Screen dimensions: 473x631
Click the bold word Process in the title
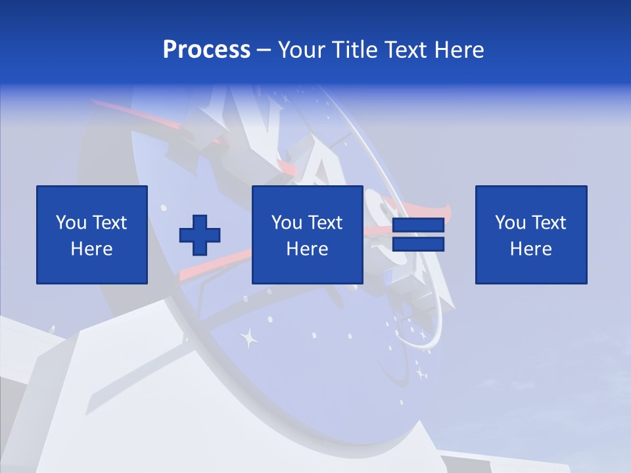pos(206,50)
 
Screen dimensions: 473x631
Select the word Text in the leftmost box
pos(109,223)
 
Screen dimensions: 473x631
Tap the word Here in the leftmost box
pos(91,249)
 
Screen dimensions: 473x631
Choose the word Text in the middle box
pos(325,223)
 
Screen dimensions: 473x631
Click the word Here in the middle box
pos(307,249)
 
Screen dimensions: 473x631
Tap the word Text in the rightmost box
pos(548,223)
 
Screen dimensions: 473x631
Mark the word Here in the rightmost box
pos(530,249)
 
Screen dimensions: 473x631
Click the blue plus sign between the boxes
pos(200,235)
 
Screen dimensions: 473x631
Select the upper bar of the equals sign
pos(418,226)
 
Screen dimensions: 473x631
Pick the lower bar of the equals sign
pos(418,244)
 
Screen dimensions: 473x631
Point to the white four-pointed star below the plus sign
pos(248,339)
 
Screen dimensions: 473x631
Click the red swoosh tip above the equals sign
pos(447,210)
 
